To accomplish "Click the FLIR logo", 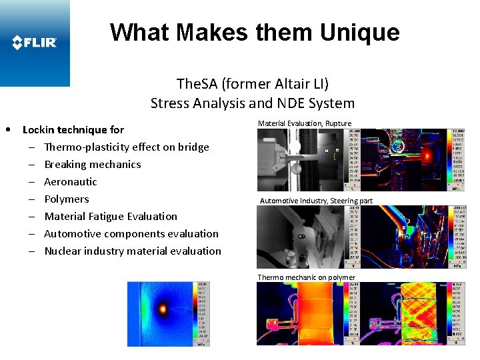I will click(35, 43).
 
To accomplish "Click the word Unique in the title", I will click(359, 32).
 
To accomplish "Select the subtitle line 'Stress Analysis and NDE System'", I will click(252, 103).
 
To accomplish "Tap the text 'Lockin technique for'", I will click(73, 129).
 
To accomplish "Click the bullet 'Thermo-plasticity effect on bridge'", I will click(127, 147).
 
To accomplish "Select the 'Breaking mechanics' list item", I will click(93, 164).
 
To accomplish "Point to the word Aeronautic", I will click(71, 181).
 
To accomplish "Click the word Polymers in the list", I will click(67, 199).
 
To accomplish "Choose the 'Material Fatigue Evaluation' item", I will click(111, 216).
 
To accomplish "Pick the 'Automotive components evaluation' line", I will click(131, 233).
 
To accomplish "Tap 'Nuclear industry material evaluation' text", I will click(133, 251).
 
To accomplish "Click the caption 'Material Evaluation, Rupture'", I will click(305, 123).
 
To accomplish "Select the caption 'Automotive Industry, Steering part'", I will click(316, 201).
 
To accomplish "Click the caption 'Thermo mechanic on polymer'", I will click(307, 277).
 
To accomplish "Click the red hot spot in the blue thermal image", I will click(162, 309).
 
